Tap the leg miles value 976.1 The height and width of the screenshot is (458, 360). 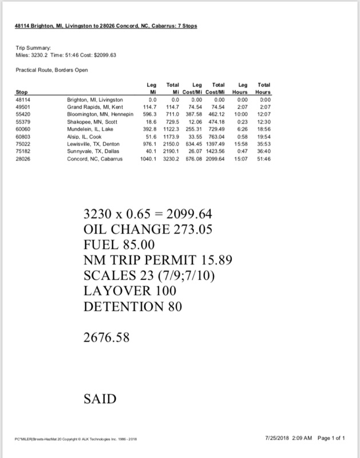[148, 144]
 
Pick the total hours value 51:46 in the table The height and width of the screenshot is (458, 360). [264, 159]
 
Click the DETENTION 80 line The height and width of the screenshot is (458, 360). [133, 306]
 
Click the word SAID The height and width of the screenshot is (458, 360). [100, 397]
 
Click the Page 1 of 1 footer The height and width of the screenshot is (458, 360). [330, 438]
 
